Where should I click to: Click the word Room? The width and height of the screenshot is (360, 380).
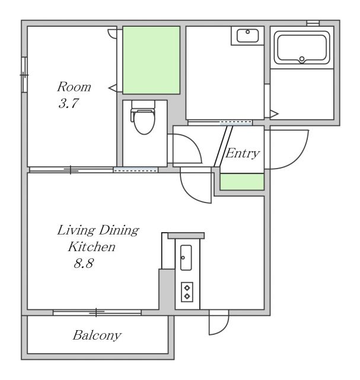click(74, 87)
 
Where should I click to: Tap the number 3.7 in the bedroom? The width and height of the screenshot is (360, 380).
click(69, 103)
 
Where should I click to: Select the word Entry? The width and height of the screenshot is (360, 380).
click(243, 153)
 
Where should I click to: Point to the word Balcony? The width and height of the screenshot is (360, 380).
click(97, 335)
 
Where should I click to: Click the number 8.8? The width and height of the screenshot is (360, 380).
click(84, 263)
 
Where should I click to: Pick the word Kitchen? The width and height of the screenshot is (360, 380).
click(92, 247)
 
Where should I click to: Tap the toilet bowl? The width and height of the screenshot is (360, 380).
click(144, 122)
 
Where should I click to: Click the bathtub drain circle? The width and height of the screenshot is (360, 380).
click(302, 59)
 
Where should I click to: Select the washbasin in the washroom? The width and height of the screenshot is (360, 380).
click(248, 36)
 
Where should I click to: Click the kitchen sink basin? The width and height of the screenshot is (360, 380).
click(186, 258)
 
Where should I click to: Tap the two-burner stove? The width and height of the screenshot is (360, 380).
click(187, 292)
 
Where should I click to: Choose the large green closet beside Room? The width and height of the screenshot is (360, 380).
click(151, 60)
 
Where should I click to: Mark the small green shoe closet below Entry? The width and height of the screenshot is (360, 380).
click(242, 182)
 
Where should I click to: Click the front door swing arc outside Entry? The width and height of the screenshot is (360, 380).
click(300, 156)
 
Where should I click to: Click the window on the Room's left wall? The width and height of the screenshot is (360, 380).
click(24, 75)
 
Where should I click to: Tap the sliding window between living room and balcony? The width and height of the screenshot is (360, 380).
click(97, 313)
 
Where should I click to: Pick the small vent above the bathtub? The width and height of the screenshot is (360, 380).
click(313, 23)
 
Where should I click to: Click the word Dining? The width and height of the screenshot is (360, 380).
click(119, 230)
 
